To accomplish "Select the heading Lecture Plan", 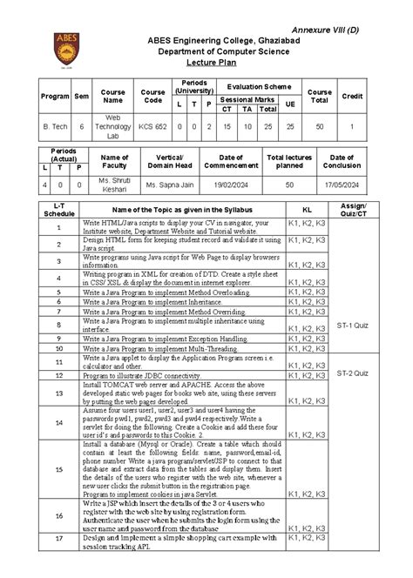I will [x=206, y=63].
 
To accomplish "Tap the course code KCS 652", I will [x=153, y=127].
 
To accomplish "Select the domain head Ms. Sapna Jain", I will [x=169, y=185].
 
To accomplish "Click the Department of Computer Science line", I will [x=206, y=50].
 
